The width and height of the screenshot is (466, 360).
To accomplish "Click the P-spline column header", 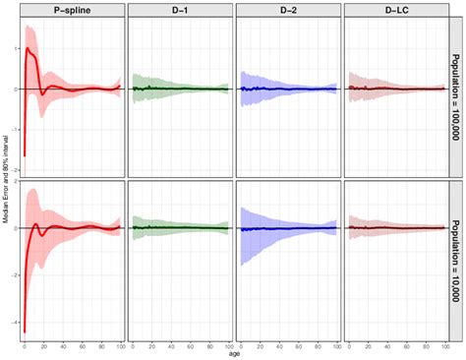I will tap(71, 10).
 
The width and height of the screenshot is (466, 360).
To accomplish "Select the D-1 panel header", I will tap(178, 10).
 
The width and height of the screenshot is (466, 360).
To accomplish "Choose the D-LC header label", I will tap(392, 10).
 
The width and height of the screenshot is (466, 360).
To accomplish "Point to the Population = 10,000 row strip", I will tap(454, 260).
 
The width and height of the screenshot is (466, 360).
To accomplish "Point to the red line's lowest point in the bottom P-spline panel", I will tap(25, 331).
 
